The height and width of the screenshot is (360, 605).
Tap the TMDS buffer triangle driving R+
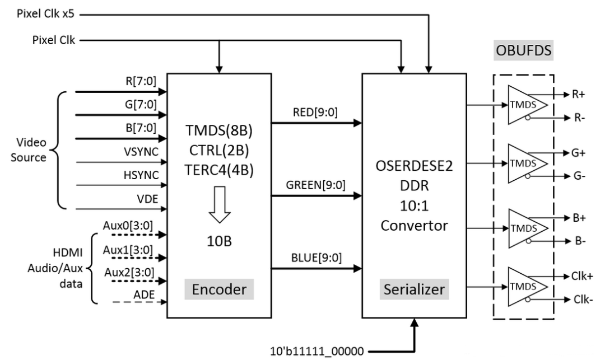coord(524,104)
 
